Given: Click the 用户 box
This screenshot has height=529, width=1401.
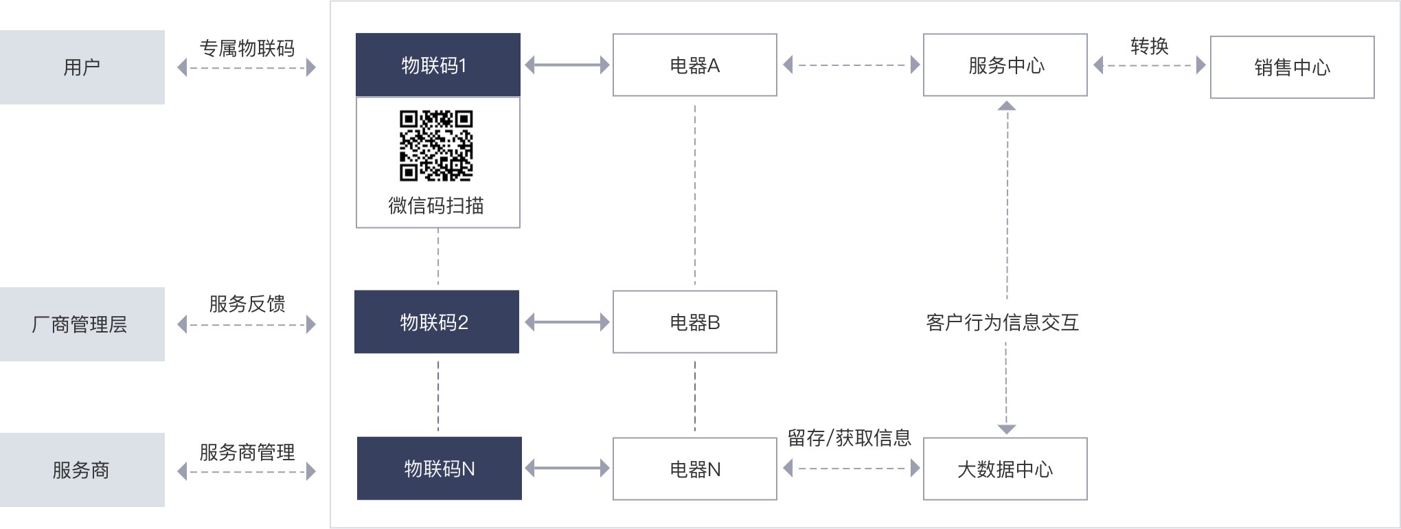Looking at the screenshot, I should click(82, 67).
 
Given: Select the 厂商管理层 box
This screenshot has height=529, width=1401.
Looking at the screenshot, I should click(82, 324).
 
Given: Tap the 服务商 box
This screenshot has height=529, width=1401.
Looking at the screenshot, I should click(82, 470).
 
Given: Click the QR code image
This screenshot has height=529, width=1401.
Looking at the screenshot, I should click(436, 146).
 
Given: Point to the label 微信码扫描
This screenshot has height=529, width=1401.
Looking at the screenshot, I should click(436, 205).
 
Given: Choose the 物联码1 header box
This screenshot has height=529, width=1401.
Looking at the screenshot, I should click(437, 65).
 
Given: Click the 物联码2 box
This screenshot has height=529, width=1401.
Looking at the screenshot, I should click(436, 322).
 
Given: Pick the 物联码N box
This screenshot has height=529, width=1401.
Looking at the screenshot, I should click(439, 469).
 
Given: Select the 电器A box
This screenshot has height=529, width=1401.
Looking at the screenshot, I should click(694, 65).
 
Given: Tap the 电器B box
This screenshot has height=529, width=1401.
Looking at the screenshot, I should click(694, 322).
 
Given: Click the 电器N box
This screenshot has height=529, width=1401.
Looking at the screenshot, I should click(694, 469).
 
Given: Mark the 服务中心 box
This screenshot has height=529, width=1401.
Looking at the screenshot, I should click(1005, 65).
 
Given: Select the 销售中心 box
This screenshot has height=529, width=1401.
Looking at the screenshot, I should click(1292, 67).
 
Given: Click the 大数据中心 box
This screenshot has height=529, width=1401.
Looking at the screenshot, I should click(1005, 469).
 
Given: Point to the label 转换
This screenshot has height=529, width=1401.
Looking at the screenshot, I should click(1149, 46).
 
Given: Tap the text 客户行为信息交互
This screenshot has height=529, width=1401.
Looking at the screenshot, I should click(1002, 322).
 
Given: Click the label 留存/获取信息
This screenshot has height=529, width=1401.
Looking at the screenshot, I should click(849, 438).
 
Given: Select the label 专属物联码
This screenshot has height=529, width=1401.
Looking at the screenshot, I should click(247, 48).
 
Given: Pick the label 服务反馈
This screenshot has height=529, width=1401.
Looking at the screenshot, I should click(247, 304).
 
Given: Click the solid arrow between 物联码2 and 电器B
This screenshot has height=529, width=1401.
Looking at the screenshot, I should click(567, 322).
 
